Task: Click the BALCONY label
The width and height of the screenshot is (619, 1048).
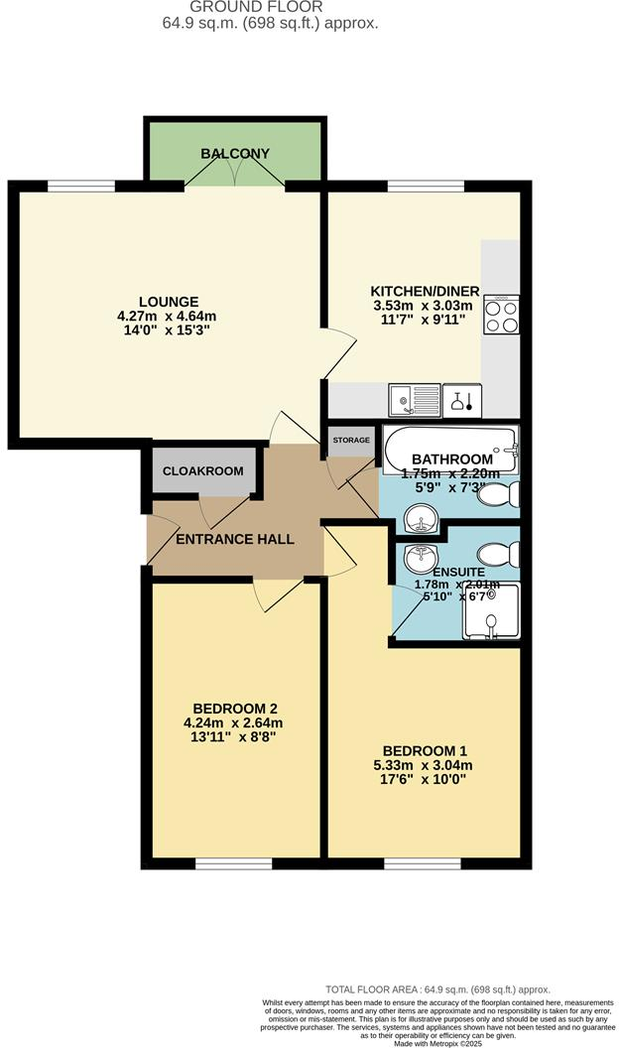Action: (235, 154)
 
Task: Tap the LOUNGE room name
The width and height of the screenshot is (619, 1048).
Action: (169, 302)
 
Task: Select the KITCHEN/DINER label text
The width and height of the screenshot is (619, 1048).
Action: (425, 291)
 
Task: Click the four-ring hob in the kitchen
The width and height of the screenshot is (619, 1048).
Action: (501, 316)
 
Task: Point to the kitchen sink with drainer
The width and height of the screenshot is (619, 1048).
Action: (414, 400)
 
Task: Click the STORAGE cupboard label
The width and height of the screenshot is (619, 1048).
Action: (351, 440)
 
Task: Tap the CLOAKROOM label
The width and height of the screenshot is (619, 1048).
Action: (203, 471)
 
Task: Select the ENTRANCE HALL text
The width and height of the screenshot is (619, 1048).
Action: (235, 540)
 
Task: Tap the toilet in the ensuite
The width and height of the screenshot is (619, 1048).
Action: (493, 552)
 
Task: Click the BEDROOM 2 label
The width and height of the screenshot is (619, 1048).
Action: (235, 708)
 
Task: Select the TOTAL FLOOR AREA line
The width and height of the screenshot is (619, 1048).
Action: (437, 989)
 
